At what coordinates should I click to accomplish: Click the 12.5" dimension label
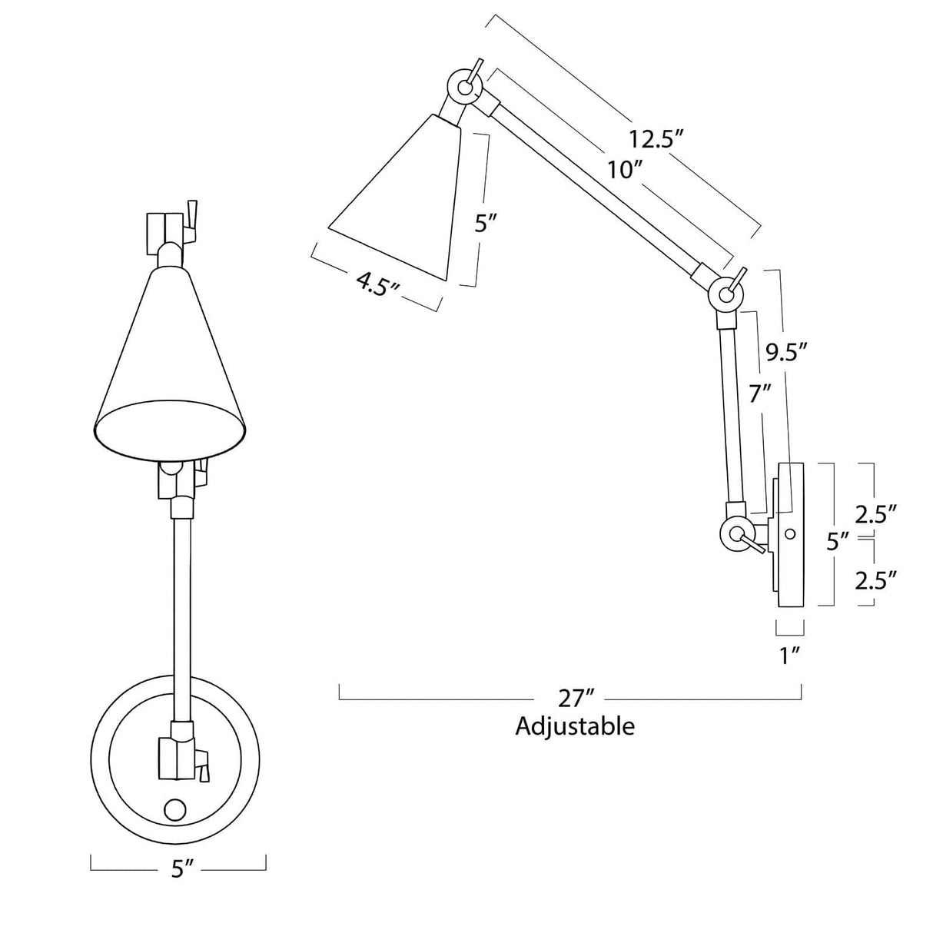(656, 140)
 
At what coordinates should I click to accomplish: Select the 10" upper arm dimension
(624, 170)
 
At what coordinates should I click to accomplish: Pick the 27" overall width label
(577, 699)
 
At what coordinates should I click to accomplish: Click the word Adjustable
(575, 726)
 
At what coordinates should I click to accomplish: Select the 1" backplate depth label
(790, 656)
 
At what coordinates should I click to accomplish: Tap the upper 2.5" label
(876, 514)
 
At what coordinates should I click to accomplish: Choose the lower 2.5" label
(876, 579)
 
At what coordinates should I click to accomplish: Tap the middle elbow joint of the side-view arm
(725, 292)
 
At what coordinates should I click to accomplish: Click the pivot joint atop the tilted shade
(464, 86)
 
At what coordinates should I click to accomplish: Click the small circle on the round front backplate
(175, 809)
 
